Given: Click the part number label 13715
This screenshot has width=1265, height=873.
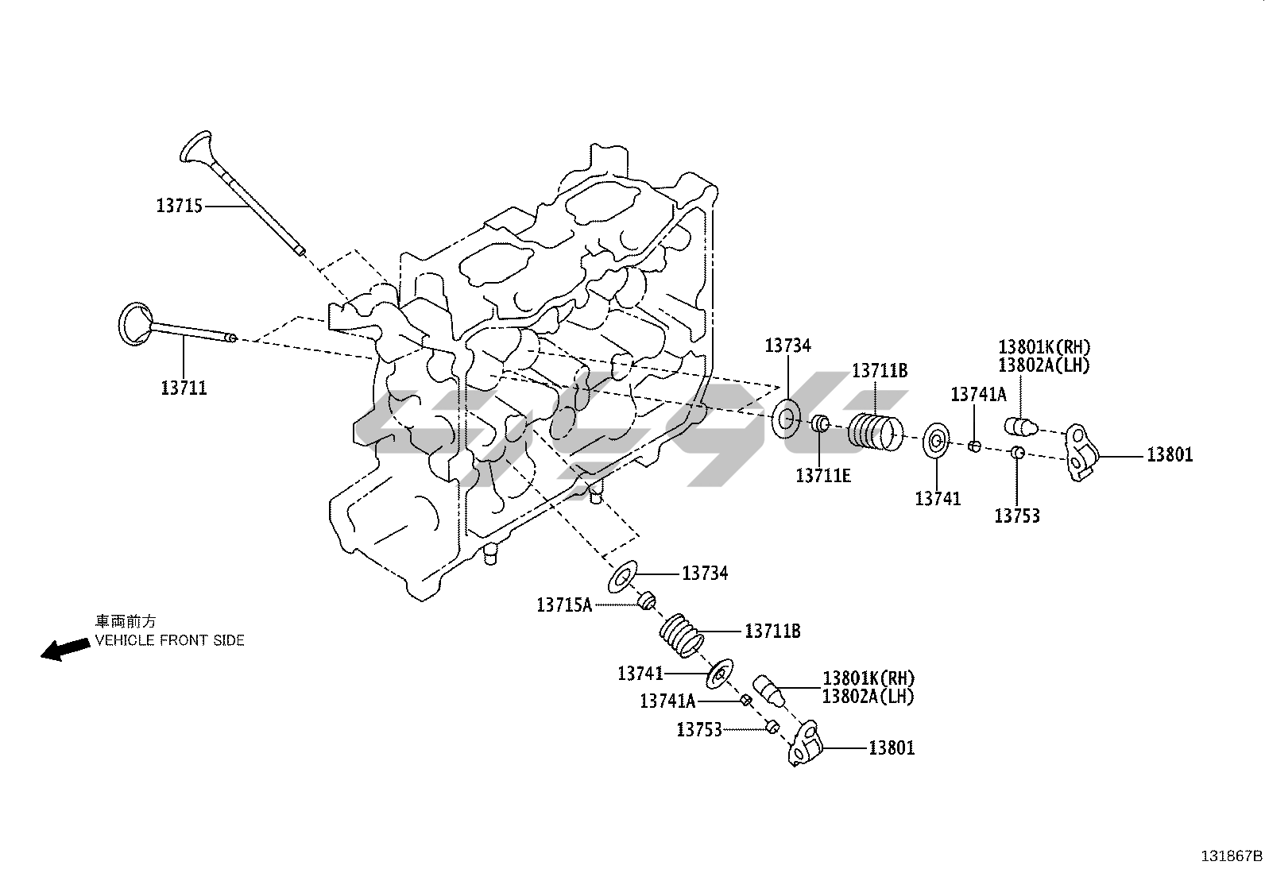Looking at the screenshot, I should pos(180,206).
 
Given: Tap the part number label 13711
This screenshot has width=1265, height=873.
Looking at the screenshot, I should pos(184,388).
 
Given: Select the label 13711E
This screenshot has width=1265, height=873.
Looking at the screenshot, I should pos(823,475).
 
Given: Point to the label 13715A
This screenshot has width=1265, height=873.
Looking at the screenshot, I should pos(564,605).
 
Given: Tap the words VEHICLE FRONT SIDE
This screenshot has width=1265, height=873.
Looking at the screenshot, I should pos(170,640).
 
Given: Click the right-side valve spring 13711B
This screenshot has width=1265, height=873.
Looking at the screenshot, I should pos(876,432).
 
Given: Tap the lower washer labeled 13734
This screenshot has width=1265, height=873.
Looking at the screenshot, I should pos(623,577).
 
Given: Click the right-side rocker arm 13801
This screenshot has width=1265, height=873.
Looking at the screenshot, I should pos(1081,452).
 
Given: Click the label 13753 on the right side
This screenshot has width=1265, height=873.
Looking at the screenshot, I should pos(1017,516).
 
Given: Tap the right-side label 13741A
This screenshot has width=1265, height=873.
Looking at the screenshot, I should pos(979,394).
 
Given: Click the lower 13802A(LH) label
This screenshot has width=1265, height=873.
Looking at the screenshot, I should pos(868,697).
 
